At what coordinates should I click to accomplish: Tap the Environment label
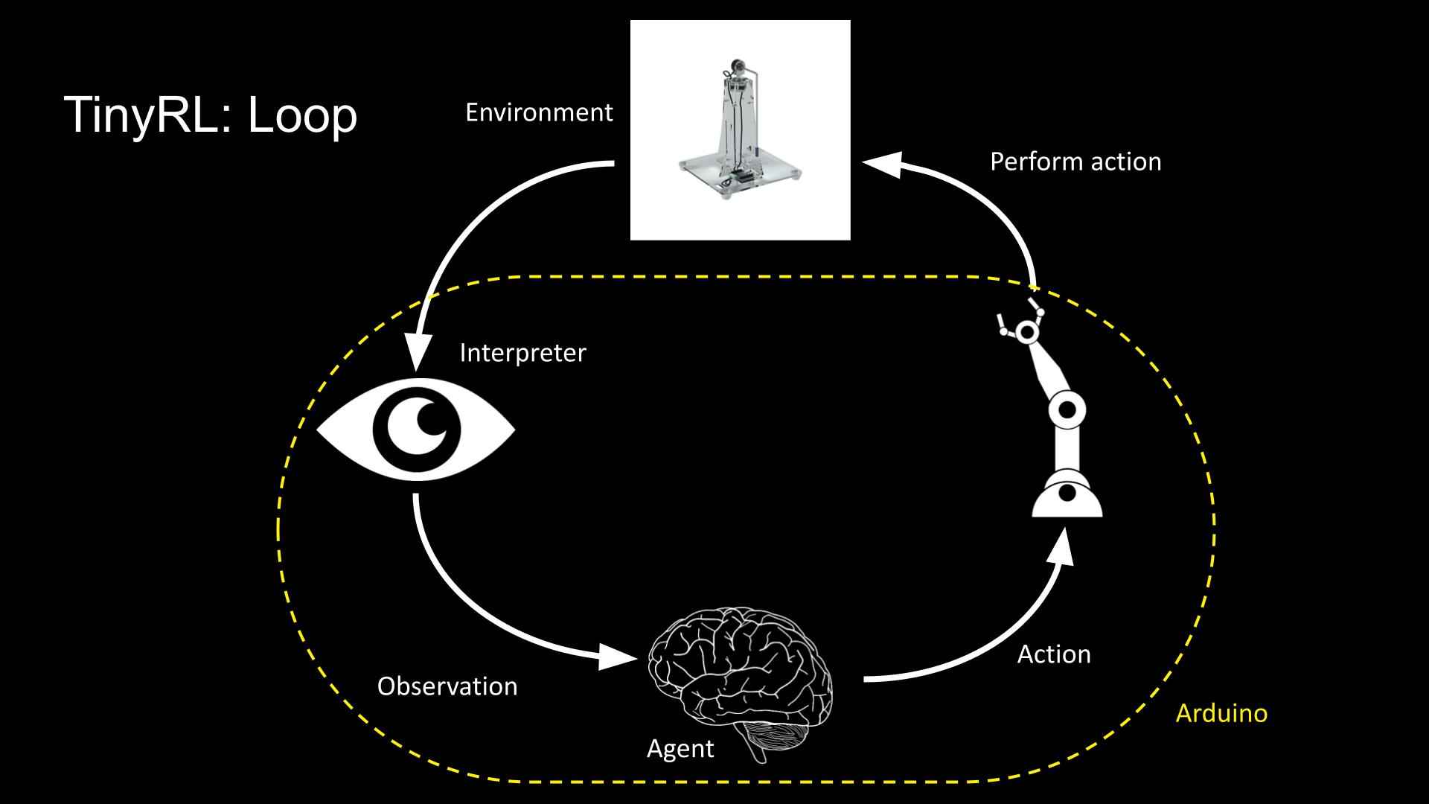pyautogui.click(x=538, y=112)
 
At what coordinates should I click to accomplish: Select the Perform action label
pyautogui.click(x=1075, y=162)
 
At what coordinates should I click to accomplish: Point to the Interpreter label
pyautogui.click(x=522, y=352)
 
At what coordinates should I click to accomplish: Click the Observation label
pyautogui.click(x=447, y=686)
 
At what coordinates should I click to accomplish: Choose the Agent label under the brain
pyautogui.click(x=680, y=748)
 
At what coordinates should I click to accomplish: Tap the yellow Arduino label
pyautogui.click(x=1221, y=713)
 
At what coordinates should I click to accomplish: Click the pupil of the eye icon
pyautogui.click(x=417, y=431)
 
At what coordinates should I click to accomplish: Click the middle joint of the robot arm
pyautogui.click(x=1067, y=409)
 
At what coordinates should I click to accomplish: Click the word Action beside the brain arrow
pyautogui.click(x=1053, y=654)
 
